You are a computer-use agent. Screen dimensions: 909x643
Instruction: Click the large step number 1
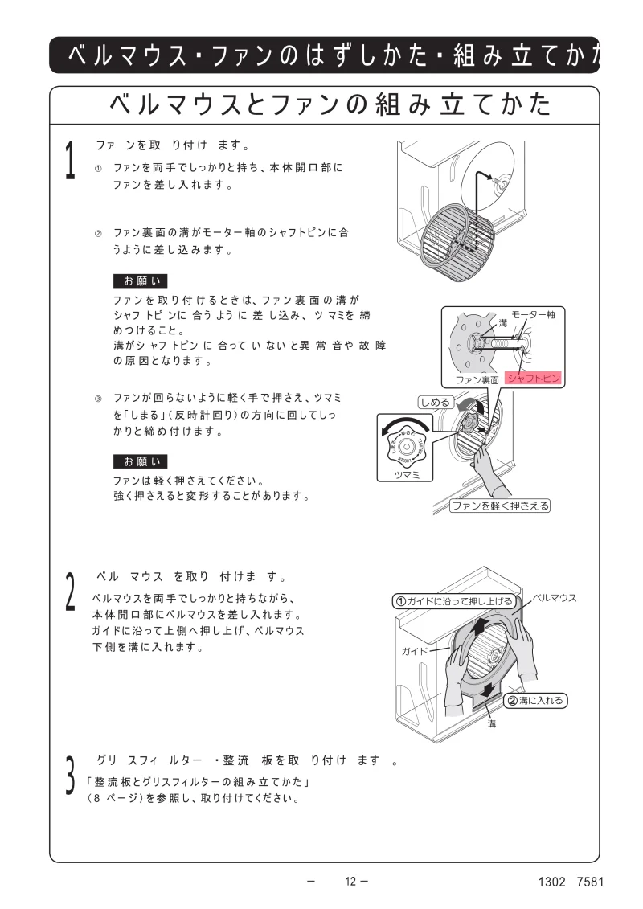pos(71,161)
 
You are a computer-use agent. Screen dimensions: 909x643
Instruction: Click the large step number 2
pos(71,592)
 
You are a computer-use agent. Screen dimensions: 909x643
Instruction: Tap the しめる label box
pos(435,402)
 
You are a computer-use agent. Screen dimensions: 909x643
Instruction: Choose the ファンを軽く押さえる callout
pos(499,506)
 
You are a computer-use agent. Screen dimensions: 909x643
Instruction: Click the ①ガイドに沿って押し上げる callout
pos(453,600)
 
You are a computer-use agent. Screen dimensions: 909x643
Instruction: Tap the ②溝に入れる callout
pos(535,701)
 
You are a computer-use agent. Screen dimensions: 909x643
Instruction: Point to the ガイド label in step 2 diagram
pos(415,650)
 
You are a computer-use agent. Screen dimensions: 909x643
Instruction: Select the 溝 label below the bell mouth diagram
pos(492,724)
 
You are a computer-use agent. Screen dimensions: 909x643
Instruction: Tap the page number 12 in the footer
pos(350,881)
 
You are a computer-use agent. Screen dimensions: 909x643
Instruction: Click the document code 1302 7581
pos(571,882)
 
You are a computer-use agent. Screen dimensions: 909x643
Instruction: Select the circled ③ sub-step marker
pos(99,399)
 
